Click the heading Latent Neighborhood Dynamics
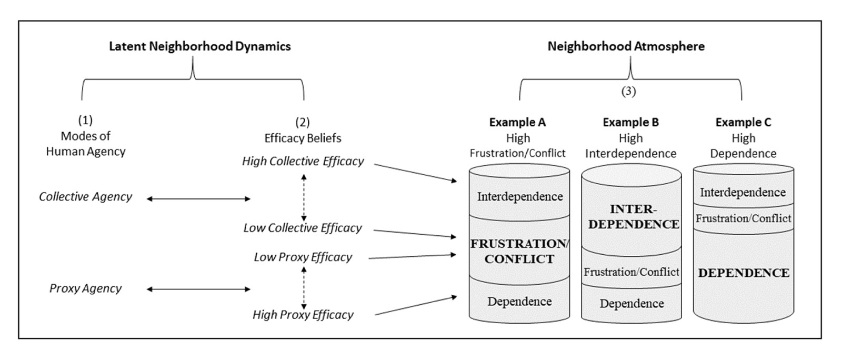coord(199,46)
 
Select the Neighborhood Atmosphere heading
coord(626,46)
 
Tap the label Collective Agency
coord(85,197)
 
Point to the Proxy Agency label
coord(85,288)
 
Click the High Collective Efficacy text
coord(303,162)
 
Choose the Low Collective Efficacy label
coord(303,228)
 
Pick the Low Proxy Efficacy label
coord(303,257)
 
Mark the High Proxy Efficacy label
coord(303,315)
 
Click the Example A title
coord(517,123)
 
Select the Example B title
coord(630,123)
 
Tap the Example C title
coord(743,123)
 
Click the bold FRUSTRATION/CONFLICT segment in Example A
coord(519,252)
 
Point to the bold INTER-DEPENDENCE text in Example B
coord(634,217)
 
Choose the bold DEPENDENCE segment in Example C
coord(743,273)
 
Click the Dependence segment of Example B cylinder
coord(631,304)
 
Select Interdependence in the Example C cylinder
coord(743,193)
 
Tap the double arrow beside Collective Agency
coord(198,199)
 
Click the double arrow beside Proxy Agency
coord(198,289)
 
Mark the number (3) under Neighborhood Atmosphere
coord(628,92)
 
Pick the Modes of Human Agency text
coord(86,144)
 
